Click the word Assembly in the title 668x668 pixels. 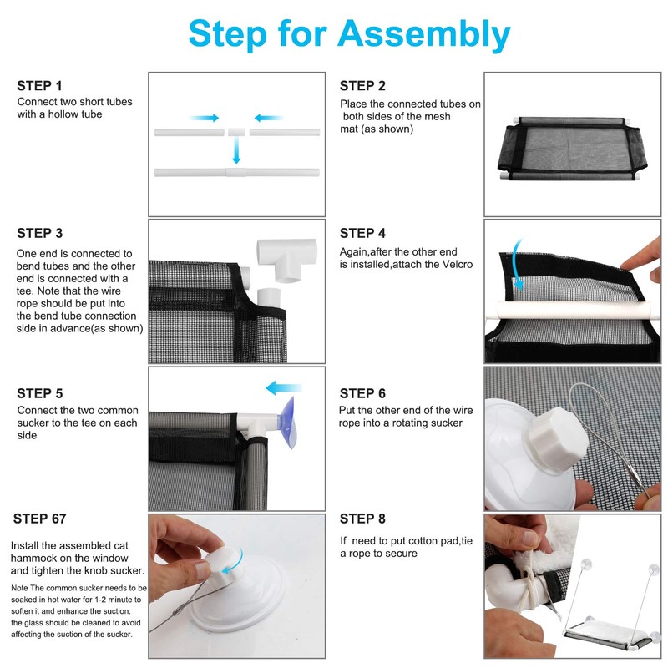424,35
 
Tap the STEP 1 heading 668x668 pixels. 39,86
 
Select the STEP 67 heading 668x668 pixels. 39,519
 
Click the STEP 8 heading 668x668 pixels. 362,519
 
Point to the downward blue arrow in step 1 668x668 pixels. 236,151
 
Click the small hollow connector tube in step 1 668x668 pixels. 237,132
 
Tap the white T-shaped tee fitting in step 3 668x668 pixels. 286,259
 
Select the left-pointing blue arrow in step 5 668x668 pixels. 283,388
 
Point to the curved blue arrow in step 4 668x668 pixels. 515,264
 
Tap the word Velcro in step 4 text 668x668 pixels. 458,265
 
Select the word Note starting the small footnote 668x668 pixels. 19,588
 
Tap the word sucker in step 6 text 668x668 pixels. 446,423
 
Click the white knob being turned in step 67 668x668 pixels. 222,562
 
